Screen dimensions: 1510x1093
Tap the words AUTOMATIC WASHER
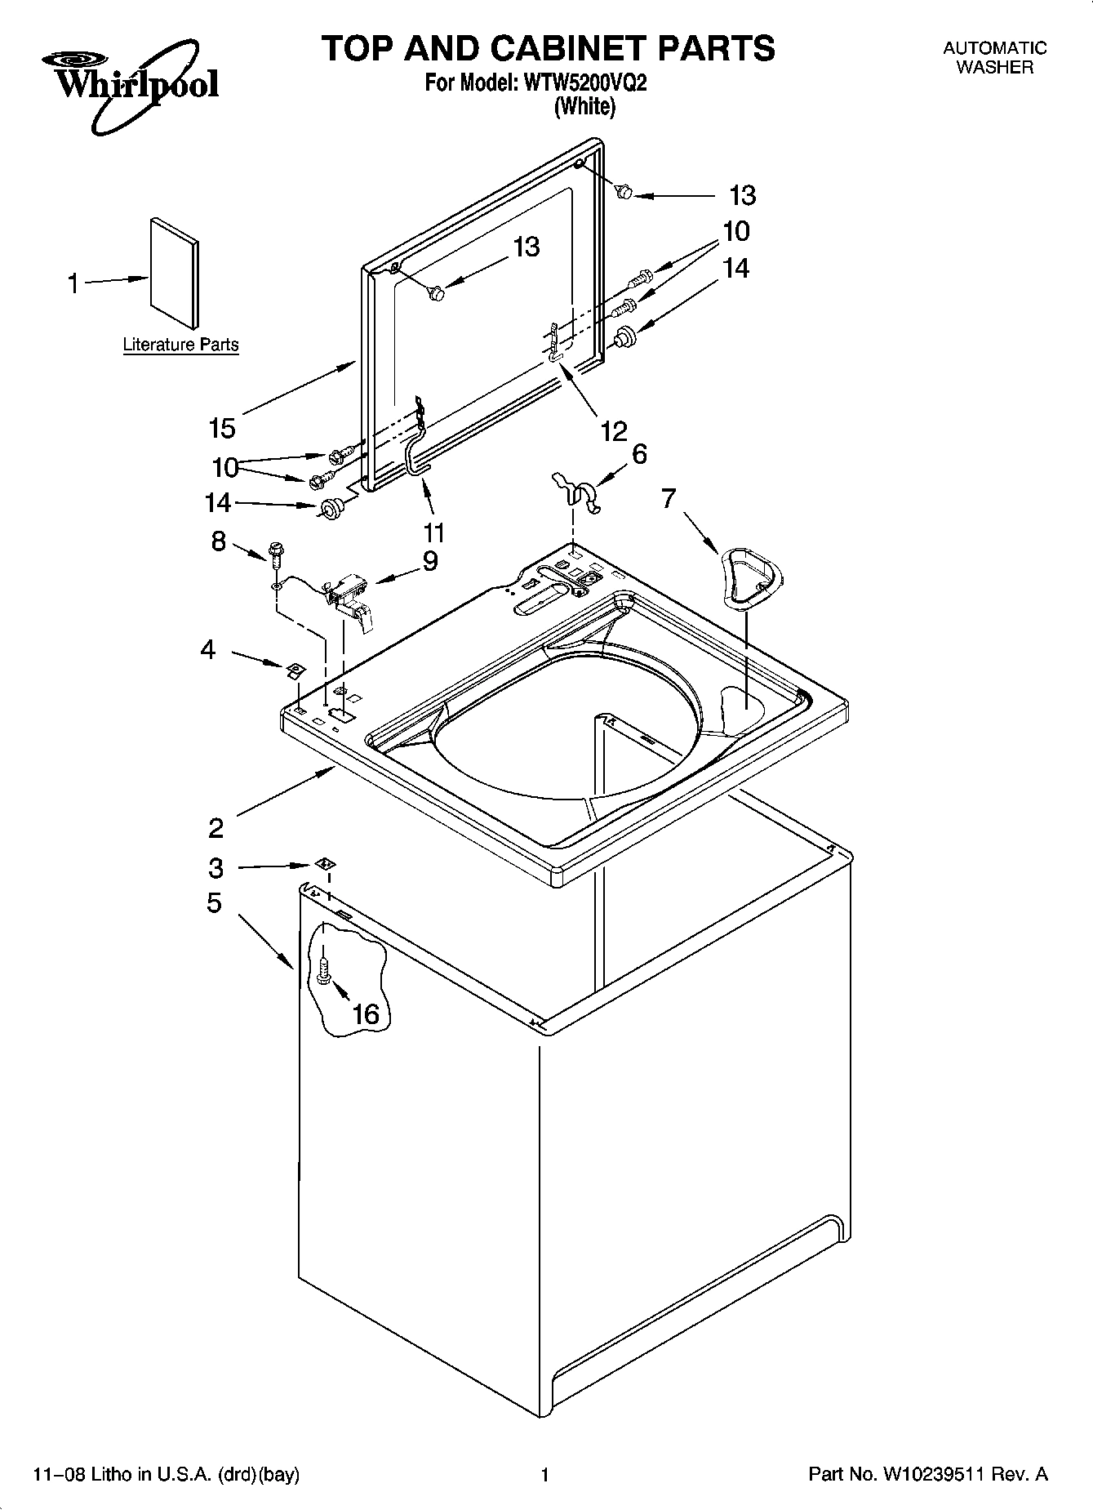pos(994,58)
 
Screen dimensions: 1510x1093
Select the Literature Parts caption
pos(180,345)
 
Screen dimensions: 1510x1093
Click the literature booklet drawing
pos(174,274)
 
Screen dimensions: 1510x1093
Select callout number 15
pos(222,427)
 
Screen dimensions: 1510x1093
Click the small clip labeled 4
pos(295,670)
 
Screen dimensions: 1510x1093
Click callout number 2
pos(215,828)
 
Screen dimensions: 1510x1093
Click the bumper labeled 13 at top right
pos(624,192)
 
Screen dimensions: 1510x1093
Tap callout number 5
pos(214,903)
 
